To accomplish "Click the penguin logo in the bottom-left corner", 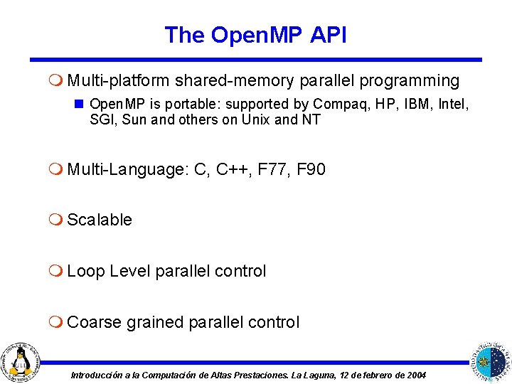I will [21, 360].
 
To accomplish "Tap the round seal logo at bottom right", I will [491, 360].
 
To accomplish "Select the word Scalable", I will [100, 220].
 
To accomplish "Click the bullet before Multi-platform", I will [58, 81].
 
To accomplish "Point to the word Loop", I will [86, 271].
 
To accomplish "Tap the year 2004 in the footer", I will [413, 375].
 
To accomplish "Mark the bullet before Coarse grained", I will [58, 322].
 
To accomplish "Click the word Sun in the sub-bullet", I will [134, 119].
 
